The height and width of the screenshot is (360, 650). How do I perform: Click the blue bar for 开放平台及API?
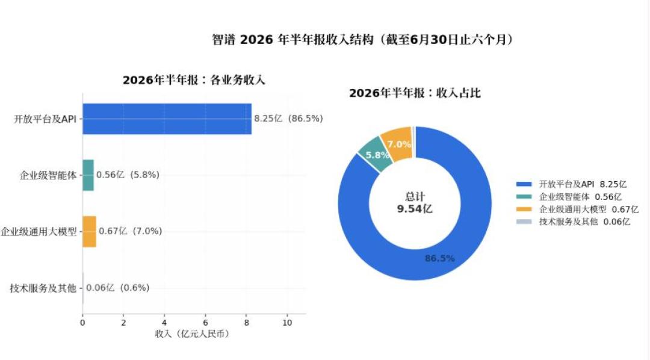(167, 119)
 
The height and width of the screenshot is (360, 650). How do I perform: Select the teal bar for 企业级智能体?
(88, 175)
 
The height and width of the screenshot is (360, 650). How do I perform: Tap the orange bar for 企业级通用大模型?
(90, 231)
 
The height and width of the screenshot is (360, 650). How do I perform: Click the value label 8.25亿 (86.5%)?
(288, 119)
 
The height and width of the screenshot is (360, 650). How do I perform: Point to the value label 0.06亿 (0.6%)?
(118, 288)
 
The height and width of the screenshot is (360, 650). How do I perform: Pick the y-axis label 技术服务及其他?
(43, 288)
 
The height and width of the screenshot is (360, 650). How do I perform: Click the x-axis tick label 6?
(205, 323)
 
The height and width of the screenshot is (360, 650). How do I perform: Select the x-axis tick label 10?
(287, 323)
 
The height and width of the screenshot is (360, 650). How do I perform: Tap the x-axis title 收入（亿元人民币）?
(193, 334)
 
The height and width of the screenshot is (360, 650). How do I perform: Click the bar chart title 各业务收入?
(238, 80)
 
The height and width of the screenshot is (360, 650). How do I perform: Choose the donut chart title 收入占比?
(459, 93)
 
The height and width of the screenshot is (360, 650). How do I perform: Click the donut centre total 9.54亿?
(415, 209)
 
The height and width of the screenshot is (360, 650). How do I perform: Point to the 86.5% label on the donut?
(440, 258)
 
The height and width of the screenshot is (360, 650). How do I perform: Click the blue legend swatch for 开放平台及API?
(524, 184)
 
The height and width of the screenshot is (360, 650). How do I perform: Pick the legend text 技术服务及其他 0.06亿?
(584, 222)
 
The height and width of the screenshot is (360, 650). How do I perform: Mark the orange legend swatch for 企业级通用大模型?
(524, 209)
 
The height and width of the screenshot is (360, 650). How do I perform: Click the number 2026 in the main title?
(256, 40)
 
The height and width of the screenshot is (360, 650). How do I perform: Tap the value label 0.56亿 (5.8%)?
(128, 175)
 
